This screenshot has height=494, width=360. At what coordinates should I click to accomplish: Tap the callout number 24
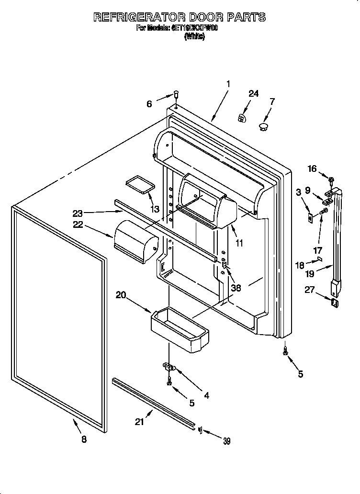coord(253,94)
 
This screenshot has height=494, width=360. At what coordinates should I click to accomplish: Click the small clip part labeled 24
coord(243,117)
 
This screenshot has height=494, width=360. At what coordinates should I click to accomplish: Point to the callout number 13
coord(155,209)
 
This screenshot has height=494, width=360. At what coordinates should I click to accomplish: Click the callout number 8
coord(84,440)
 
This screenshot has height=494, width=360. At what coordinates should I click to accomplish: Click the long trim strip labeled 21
coord(153,403)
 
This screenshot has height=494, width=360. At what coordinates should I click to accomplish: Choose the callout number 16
coord(312,168)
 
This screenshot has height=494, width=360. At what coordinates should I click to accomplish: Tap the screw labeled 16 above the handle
coord(331,180)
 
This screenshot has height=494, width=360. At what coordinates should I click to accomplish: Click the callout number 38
coord(236,288)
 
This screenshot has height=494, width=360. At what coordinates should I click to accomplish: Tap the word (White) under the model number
coord(194,37)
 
